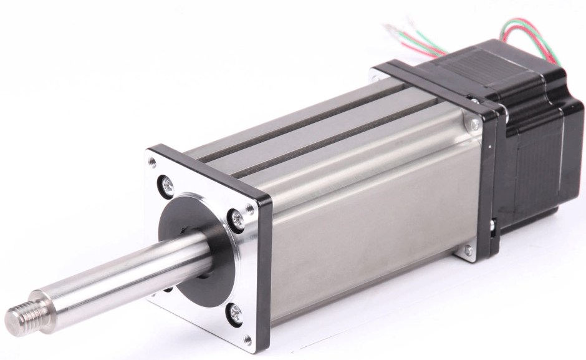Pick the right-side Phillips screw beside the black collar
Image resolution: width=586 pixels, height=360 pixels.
238,217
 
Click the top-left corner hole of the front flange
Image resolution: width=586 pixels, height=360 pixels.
151,163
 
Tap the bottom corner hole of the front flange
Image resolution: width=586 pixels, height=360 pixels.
247,340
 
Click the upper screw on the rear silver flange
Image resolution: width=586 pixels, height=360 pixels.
476,124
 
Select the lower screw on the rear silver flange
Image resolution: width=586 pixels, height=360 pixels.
468,251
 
